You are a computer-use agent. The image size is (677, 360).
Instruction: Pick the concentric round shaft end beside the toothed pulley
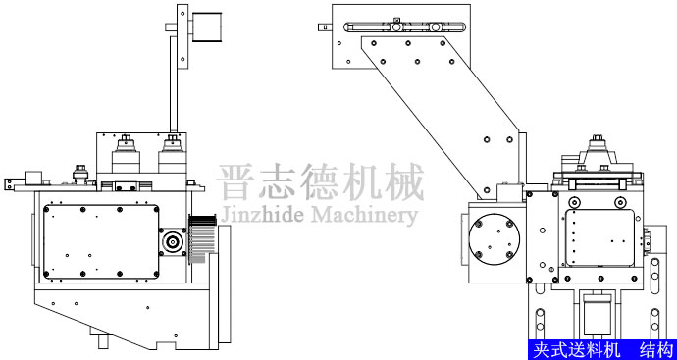pos(175,240)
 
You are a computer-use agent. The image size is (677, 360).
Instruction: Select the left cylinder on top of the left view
pos(127,157)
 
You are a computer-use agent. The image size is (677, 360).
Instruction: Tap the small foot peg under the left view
pos(103,344)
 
